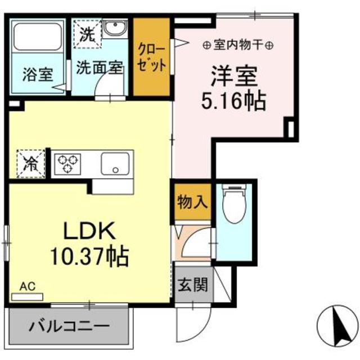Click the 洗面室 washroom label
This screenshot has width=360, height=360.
pyautogui.click(x=100, y=68)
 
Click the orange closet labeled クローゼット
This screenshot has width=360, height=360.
pyautogui.click(x=152, y=56)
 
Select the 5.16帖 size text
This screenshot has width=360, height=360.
pyautogui.click(x=233, y=101)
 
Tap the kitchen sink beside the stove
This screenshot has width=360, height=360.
pyautogui.click(x=116, y=164)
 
